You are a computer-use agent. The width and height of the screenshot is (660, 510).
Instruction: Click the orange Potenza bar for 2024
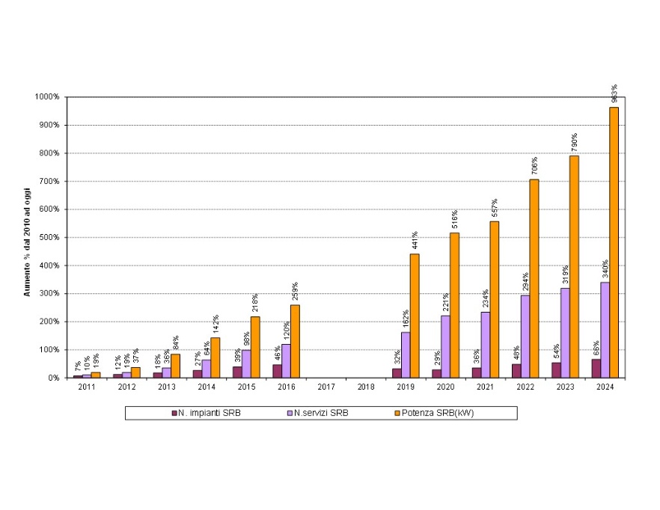pyautogui.click(x=614, y=242)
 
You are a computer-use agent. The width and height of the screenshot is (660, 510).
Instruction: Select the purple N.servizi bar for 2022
pyautogui.click(x=525, y=337)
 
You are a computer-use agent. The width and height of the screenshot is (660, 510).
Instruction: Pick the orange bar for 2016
pyautogui.click(x=295, y=341)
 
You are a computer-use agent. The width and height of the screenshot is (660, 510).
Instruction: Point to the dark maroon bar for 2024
pyautogui.click(x=596, y=369)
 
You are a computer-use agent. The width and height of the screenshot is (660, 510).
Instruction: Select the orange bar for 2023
pyautogui.click(x=574, y=266)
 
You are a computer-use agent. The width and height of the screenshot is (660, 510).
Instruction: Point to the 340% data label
pyautogui.click(x=605, y=268)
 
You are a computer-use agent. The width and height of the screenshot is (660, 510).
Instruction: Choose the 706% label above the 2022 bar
pyautogui.click(x=534, y=166)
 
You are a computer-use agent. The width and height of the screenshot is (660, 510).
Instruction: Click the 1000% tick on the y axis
pyautogui.click(x=47, y=97)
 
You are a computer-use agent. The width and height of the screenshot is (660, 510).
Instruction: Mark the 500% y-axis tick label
pyautogui.click(x=49, y=238)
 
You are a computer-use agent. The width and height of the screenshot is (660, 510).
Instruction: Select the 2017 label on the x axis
pyautogui.click(x=326, y=387)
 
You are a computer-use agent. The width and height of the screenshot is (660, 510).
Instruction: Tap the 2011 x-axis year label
pyautogui.click(x=87, y=387)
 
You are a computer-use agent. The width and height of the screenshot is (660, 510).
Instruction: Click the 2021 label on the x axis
pyautogui.click(x=486, y=387)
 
